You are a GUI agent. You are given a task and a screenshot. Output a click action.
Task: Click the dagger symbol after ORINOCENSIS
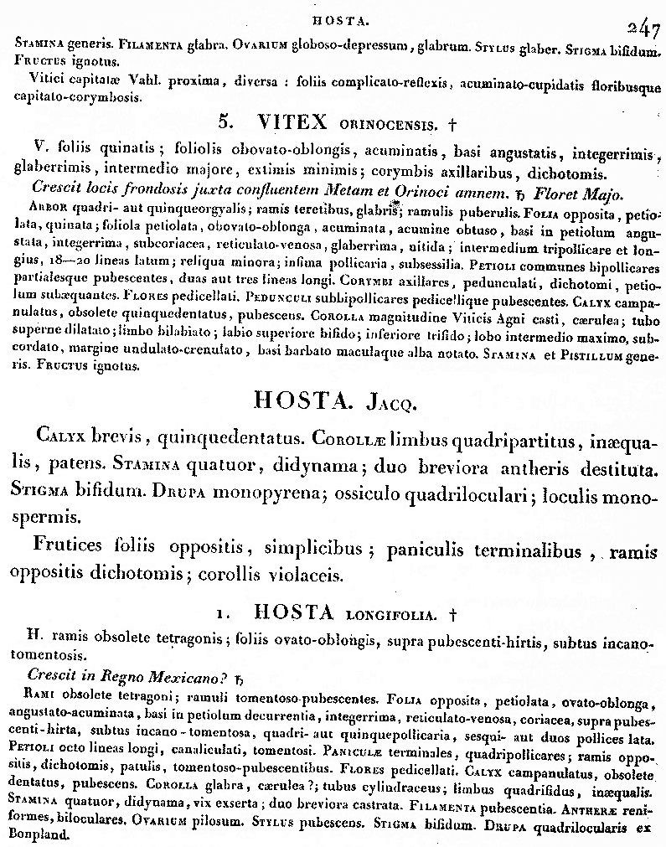pyautogui.click(x=452, y=125)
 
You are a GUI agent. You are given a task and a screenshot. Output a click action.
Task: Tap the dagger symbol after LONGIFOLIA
pyautogui.click(x=453, y=613)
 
